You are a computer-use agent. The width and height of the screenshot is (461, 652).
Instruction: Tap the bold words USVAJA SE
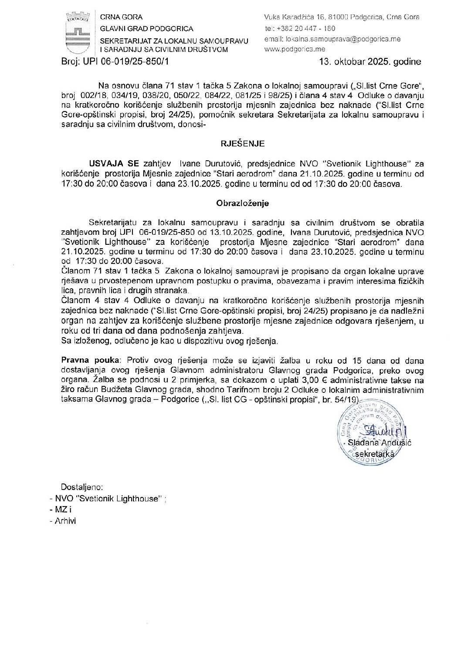coord(114,164)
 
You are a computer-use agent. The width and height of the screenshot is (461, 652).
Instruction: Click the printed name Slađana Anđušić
coord(380,443)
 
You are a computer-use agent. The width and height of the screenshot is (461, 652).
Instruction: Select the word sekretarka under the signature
coord(375,454)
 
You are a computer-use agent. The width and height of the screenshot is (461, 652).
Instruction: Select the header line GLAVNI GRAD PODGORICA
coord(146,29)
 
